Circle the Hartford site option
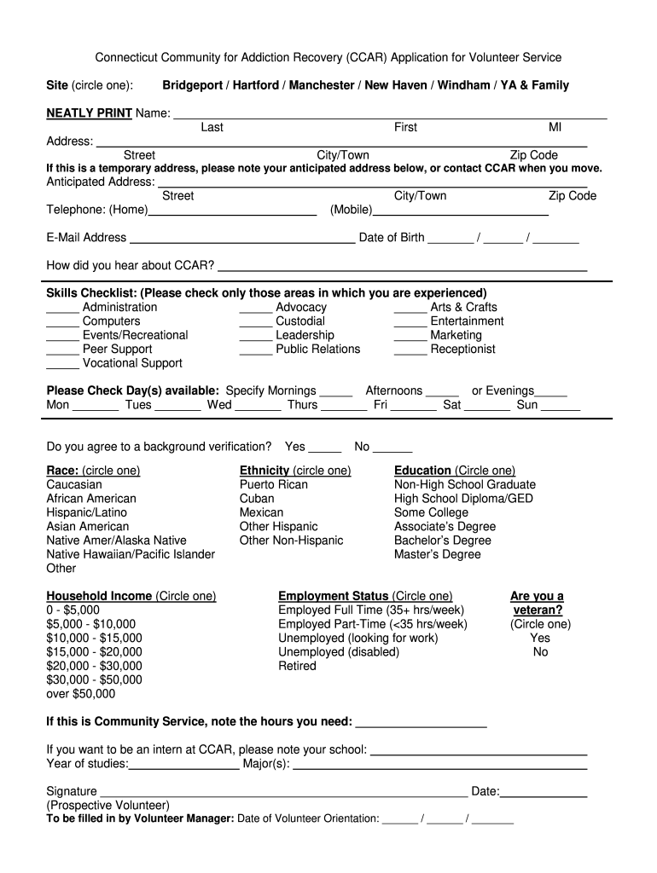pyautogui.click(x=256, y=85)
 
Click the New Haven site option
pyautogui.click(x=398, y=85)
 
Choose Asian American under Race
pyautogui.click(x=88, y=526)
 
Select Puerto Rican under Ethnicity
pyautogui.click(x=274, y=484)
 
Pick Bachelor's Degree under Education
pyautogui.click(x=442, y=540)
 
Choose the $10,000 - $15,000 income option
pyautogui.click(x=95, y=638)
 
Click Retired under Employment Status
pyautogui.click(x=297, y=666)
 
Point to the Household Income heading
pyautogui.click(x=99, y=596)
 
